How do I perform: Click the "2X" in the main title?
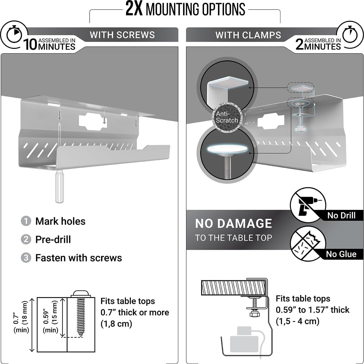(134, 9)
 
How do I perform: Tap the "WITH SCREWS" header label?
(122, 35)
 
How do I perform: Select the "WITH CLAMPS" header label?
(248, 35)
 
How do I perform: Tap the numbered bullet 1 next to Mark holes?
(26, 221)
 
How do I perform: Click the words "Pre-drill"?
(53, 239)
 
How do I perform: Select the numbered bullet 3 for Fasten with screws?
(26, 258)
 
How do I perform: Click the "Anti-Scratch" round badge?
(227, 117)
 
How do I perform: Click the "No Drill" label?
(341, 215)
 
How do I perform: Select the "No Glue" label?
(341, 254)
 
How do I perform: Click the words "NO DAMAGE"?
(233, 224)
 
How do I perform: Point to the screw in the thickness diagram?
(81, 315)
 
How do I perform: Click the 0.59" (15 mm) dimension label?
(50, 316)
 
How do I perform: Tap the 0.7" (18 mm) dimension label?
(21, 316)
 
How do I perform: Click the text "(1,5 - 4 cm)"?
(297, 321)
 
